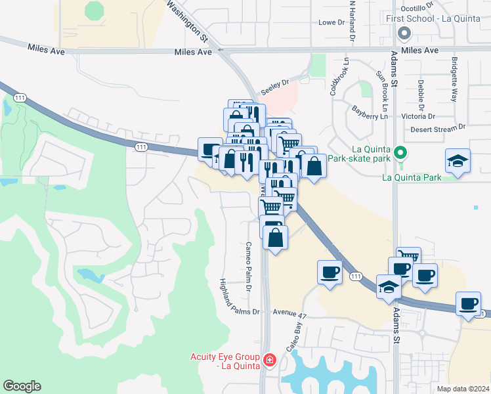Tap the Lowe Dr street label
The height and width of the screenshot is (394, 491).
(331, 22)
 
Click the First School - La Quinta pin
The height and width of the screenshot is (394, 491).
(404, 32)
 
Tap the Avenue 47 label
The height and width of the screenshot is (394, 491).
(289, 315)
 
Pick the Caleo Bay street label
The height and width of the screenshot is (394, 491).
(294, 337)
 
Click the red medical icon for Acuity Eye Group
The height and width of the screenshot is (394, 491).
(269, 360)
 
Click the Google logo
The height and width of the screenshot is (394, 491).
(22, 386)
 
